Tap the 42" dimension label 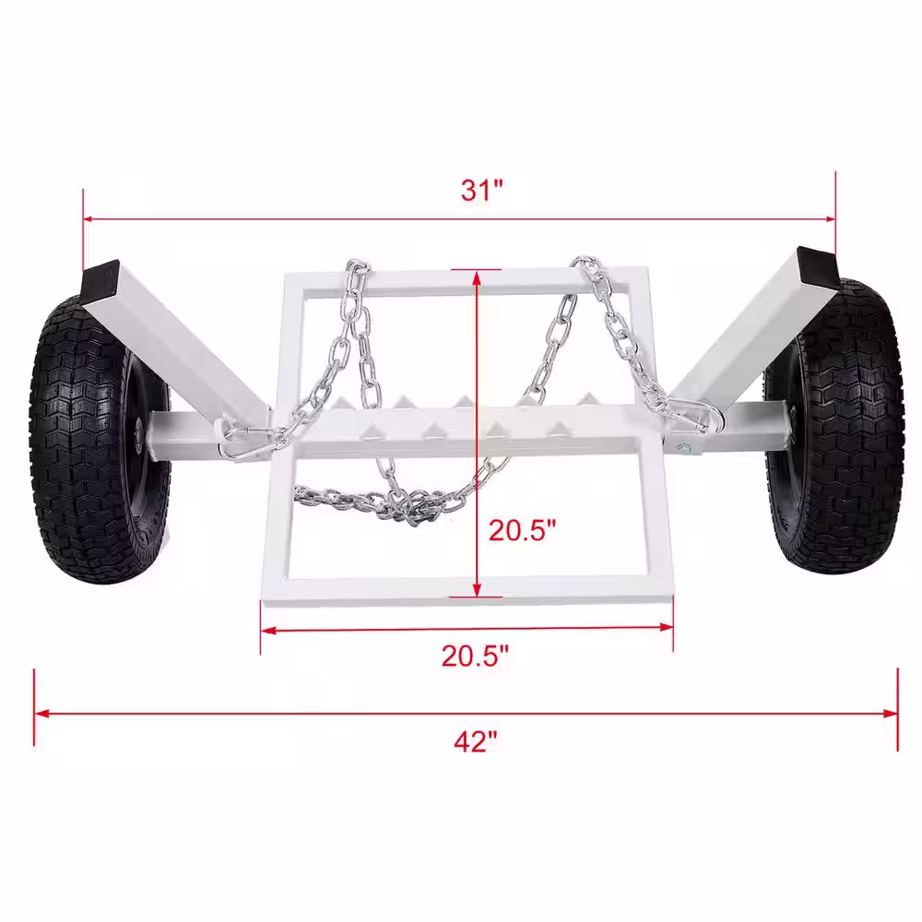point(475,741)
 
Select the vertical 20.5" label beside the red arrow point(522,530)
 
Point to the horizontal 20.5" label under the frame point(475,656)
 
